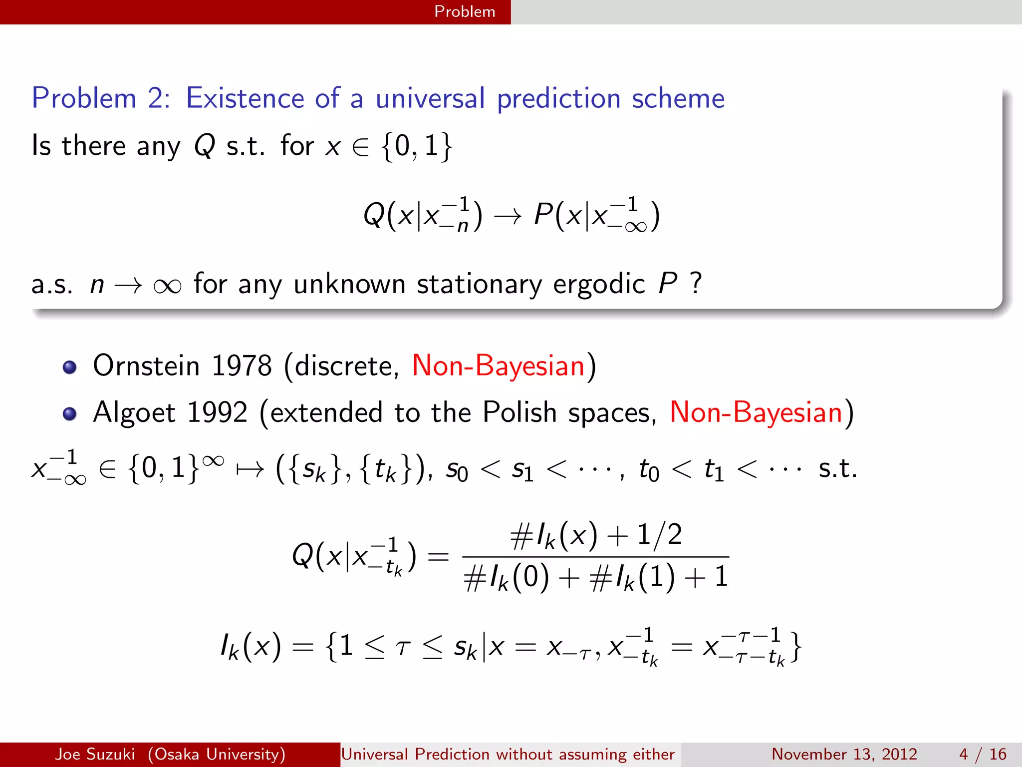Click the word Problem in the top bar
[x=465, y=11]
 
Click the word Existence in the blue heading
[x=245, y=98]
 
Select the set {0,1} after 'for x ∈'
[x=417, y=146]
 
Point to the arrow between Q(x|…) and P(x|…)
[x=508, y=216]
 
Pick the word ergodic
[x=599, y=284]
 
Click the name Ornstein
[x=146, y=366]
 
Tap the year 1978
[x=242, y=366]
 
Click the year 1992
[x=217, y=412]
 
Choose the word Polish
[x=519, y=412]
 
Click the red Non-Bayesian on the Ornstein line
[x=498, y=366]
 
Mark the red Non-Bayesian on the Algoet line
[x=756, y=412]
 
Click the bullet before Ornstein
[x=69, y=368]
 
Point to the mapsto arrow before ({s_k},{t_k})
[x=250, y=469]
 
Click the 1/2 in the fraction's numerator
[x=660, y=535]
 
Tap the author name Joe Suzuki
[x=95, y=754]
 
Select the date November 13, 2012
[x=844, y=754]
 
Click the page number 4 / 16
[x=982, y=754]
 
